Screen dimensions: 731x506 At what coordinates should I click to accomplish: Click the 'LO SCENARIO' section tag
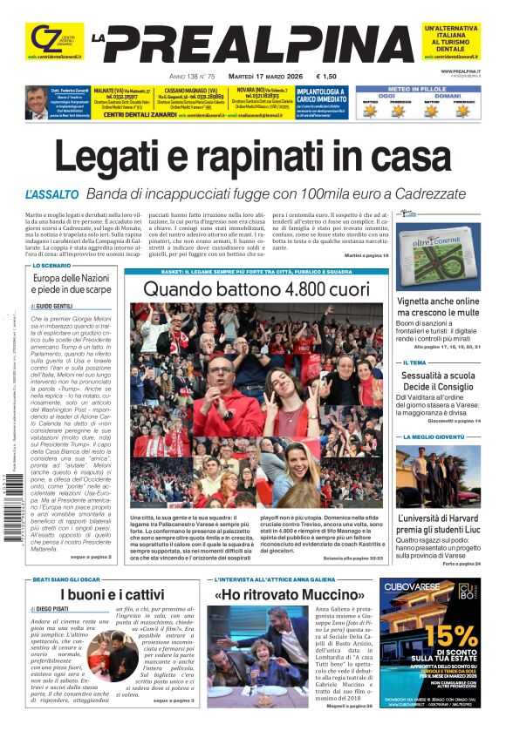click(51, 266)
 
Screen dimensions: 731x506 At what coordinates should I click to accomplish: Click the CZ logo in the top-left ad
click(42, 39)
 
